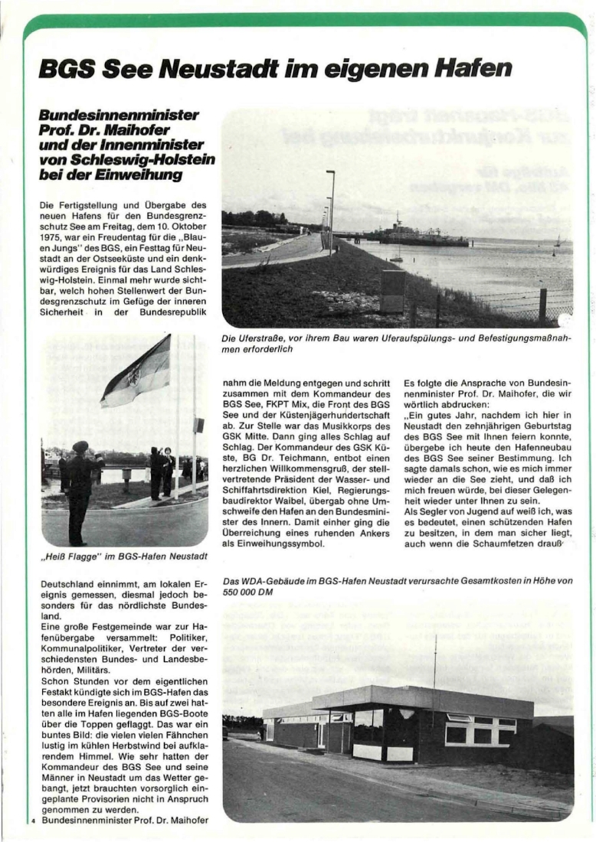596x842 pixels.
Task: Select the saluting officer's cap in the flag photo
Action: pos(80,446)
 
